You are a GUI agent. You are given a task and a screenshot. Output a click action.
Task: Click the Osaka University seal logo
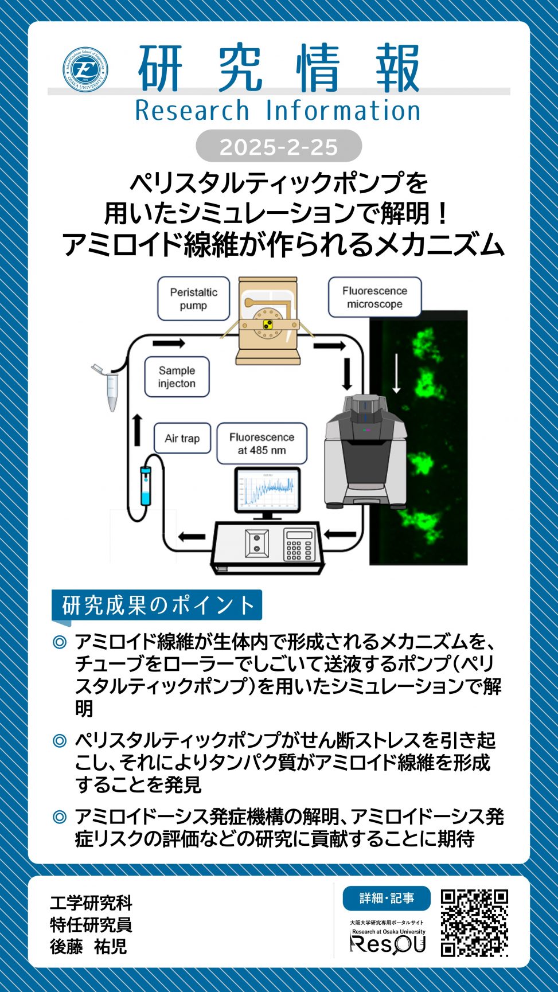coord(85,69)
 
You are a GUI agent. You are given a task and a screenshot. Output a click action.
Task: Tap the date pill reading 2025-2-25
coord(279,146)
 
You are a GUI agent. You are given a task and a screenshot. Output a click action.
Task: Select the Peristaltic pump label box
coord(193,298)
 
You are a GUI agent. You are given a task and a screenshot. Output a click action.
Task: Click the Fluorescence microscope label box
coord(374,297)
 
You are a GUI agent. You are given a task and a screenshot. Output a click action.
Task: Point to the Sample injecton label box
coord(177,377)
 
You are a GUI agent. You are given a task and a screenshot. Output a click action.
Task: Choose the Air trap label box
coord(182,439)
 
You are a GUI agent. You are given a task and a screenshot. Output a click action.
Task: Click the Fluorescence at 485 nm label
coord(262,443)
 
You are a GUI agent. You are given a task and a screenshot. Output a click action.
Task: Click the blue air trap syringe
coord(146,486)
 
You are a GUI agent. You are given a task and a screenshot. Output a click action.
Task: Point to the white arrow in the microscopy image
coord(396,373)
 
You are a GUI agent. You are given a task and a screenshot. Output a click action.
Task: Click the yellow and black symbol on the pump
coord(267,325)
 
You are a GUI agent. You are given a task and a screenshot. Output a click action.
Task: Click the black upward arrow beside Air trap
coord(137,429)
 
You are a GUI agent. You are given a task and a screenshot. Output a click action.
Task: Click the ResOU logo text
coord(388,944)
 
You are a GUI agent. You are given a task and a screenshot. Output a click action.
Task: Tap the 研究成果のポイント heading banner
coord(157,605)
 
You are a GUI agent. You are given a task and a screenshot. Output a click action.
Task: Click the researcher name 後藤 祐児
coord(88,946)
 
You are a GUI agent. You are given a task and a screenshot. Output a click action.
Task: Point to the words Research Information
coord(278,110)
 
